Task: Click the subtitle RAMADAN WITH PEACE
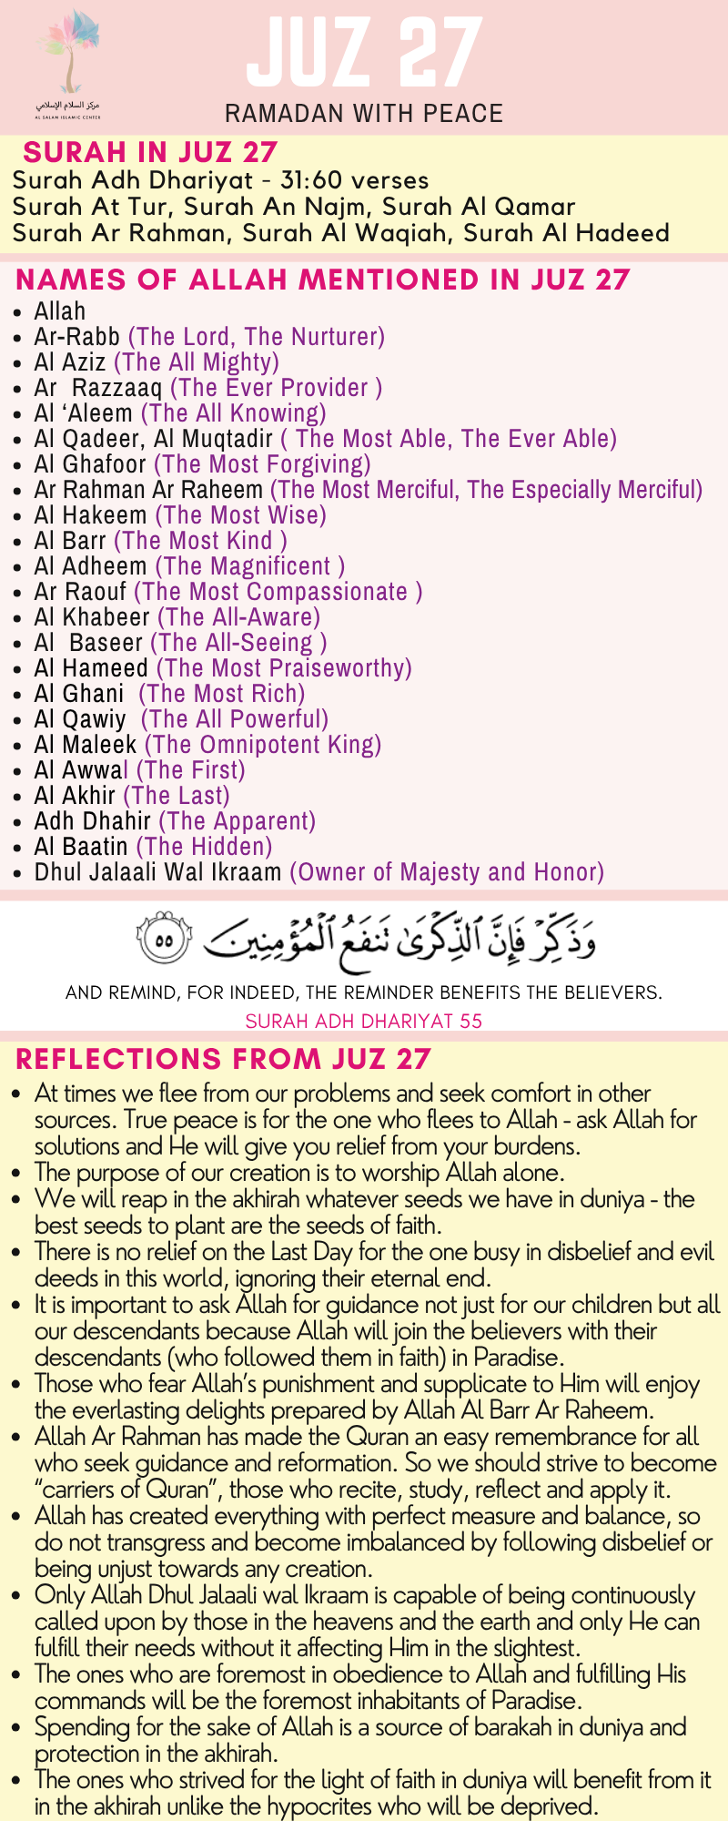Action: (364, 114)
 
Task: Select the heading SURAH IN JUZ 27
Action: (150, 152)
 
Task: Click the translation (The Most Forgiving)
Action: (262, 464)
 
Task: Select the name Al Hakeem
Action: (91, 515)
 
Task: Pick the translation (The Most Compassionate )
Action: (278, 592)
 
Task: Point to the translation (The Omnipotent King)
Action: (263, 745)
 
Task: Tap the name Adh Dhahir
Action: (93, 821)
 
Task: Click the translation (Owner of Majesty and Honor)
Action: (447, 872)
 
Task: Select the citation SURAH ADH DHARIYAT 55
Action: (364, 1021)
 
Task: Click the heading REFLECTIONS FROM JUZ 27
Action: (223, 1059)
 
